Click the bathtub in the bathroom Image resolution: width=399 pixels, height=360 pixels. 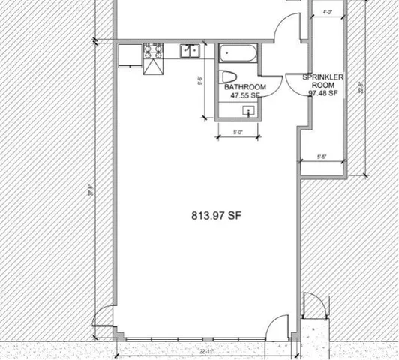coord(237,54)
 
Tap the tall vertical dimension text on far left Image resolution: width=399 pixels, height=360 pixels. coord(91,191)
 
